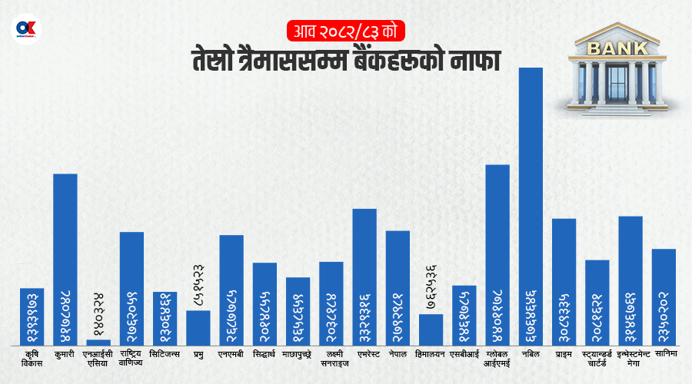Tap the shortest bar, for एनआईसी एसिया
98,342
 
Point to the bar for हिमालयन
431,329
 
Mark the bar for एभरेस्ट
364,276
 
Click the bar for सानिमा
664,296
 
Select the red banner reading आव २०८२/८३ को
346,32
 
